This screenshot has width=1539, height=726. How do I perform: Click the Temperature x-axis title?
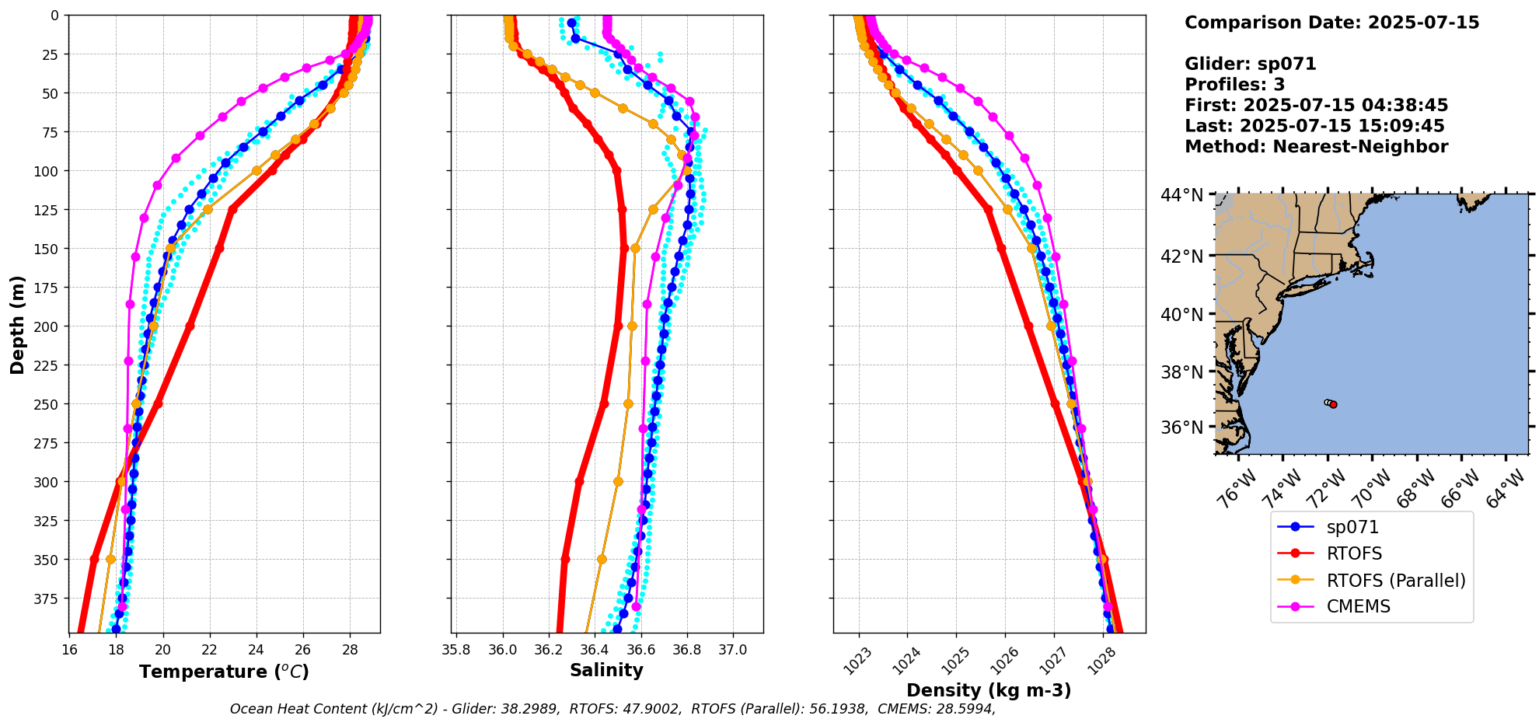click(224, 672)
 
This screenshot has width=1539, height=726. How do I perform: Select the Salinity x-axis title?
click(606, 671)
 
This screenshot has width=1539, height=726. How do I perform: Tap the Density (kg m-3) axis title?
click(989, 690)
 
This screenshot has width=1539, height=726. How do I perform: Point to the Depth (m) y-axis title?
click(17, 324)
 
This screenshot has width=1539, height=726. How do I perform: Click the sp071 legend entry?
click(1352, 527)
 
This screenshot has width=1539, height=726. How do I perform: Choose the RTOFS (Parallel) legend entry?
click(1395, 581)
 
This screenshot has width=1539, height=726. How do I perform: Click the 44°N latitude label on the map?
click(1181, 195)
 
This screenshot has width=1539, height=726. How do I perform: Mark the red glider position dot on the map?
click(1333, 404)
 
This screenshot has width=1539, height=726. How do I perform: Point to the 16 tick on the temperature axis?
click(69, 650)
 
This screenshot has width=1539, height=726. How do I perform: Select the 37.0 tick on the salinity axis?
click(732, 650)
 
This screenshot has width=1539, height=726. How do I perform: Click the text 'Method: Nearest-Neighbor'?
click(1316, 147)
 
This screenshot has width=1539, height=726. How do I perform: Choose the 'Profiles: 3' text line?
click(1234, 85)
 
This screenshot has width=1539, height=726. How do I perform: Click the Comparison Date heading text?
click(1331, 23)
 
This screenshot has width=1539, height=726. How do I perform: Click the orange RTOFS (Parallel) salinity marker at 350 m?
click(602, 559)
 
